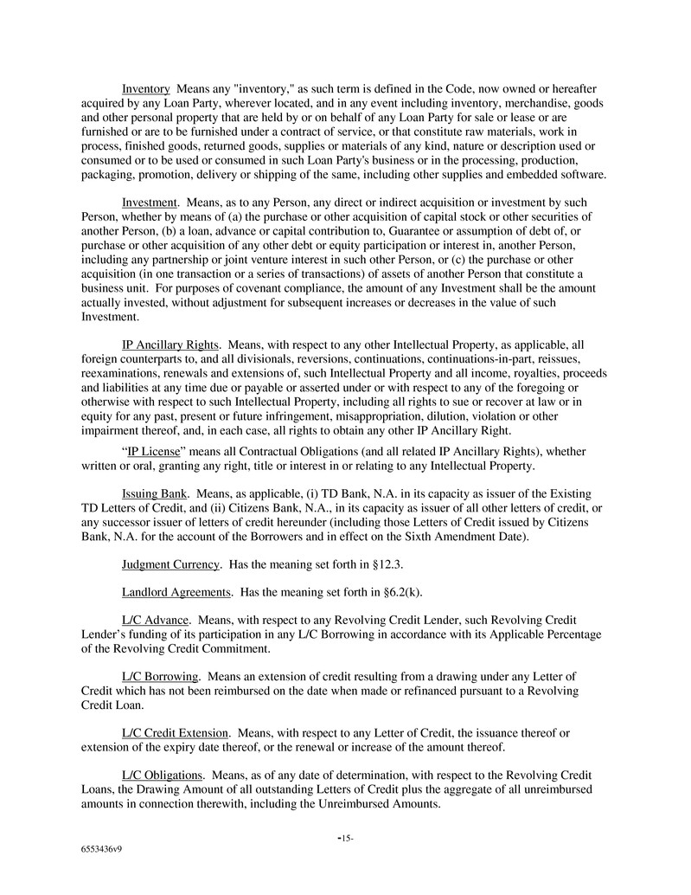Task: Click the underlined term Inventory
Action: [145, 89]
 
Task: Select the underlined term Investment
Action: [148, 202]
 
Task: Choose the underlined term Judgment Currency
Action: [170, 564]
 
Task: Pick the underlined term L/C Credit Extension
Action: [175, 732]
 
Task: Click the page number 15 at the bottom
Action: [345, 838]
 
